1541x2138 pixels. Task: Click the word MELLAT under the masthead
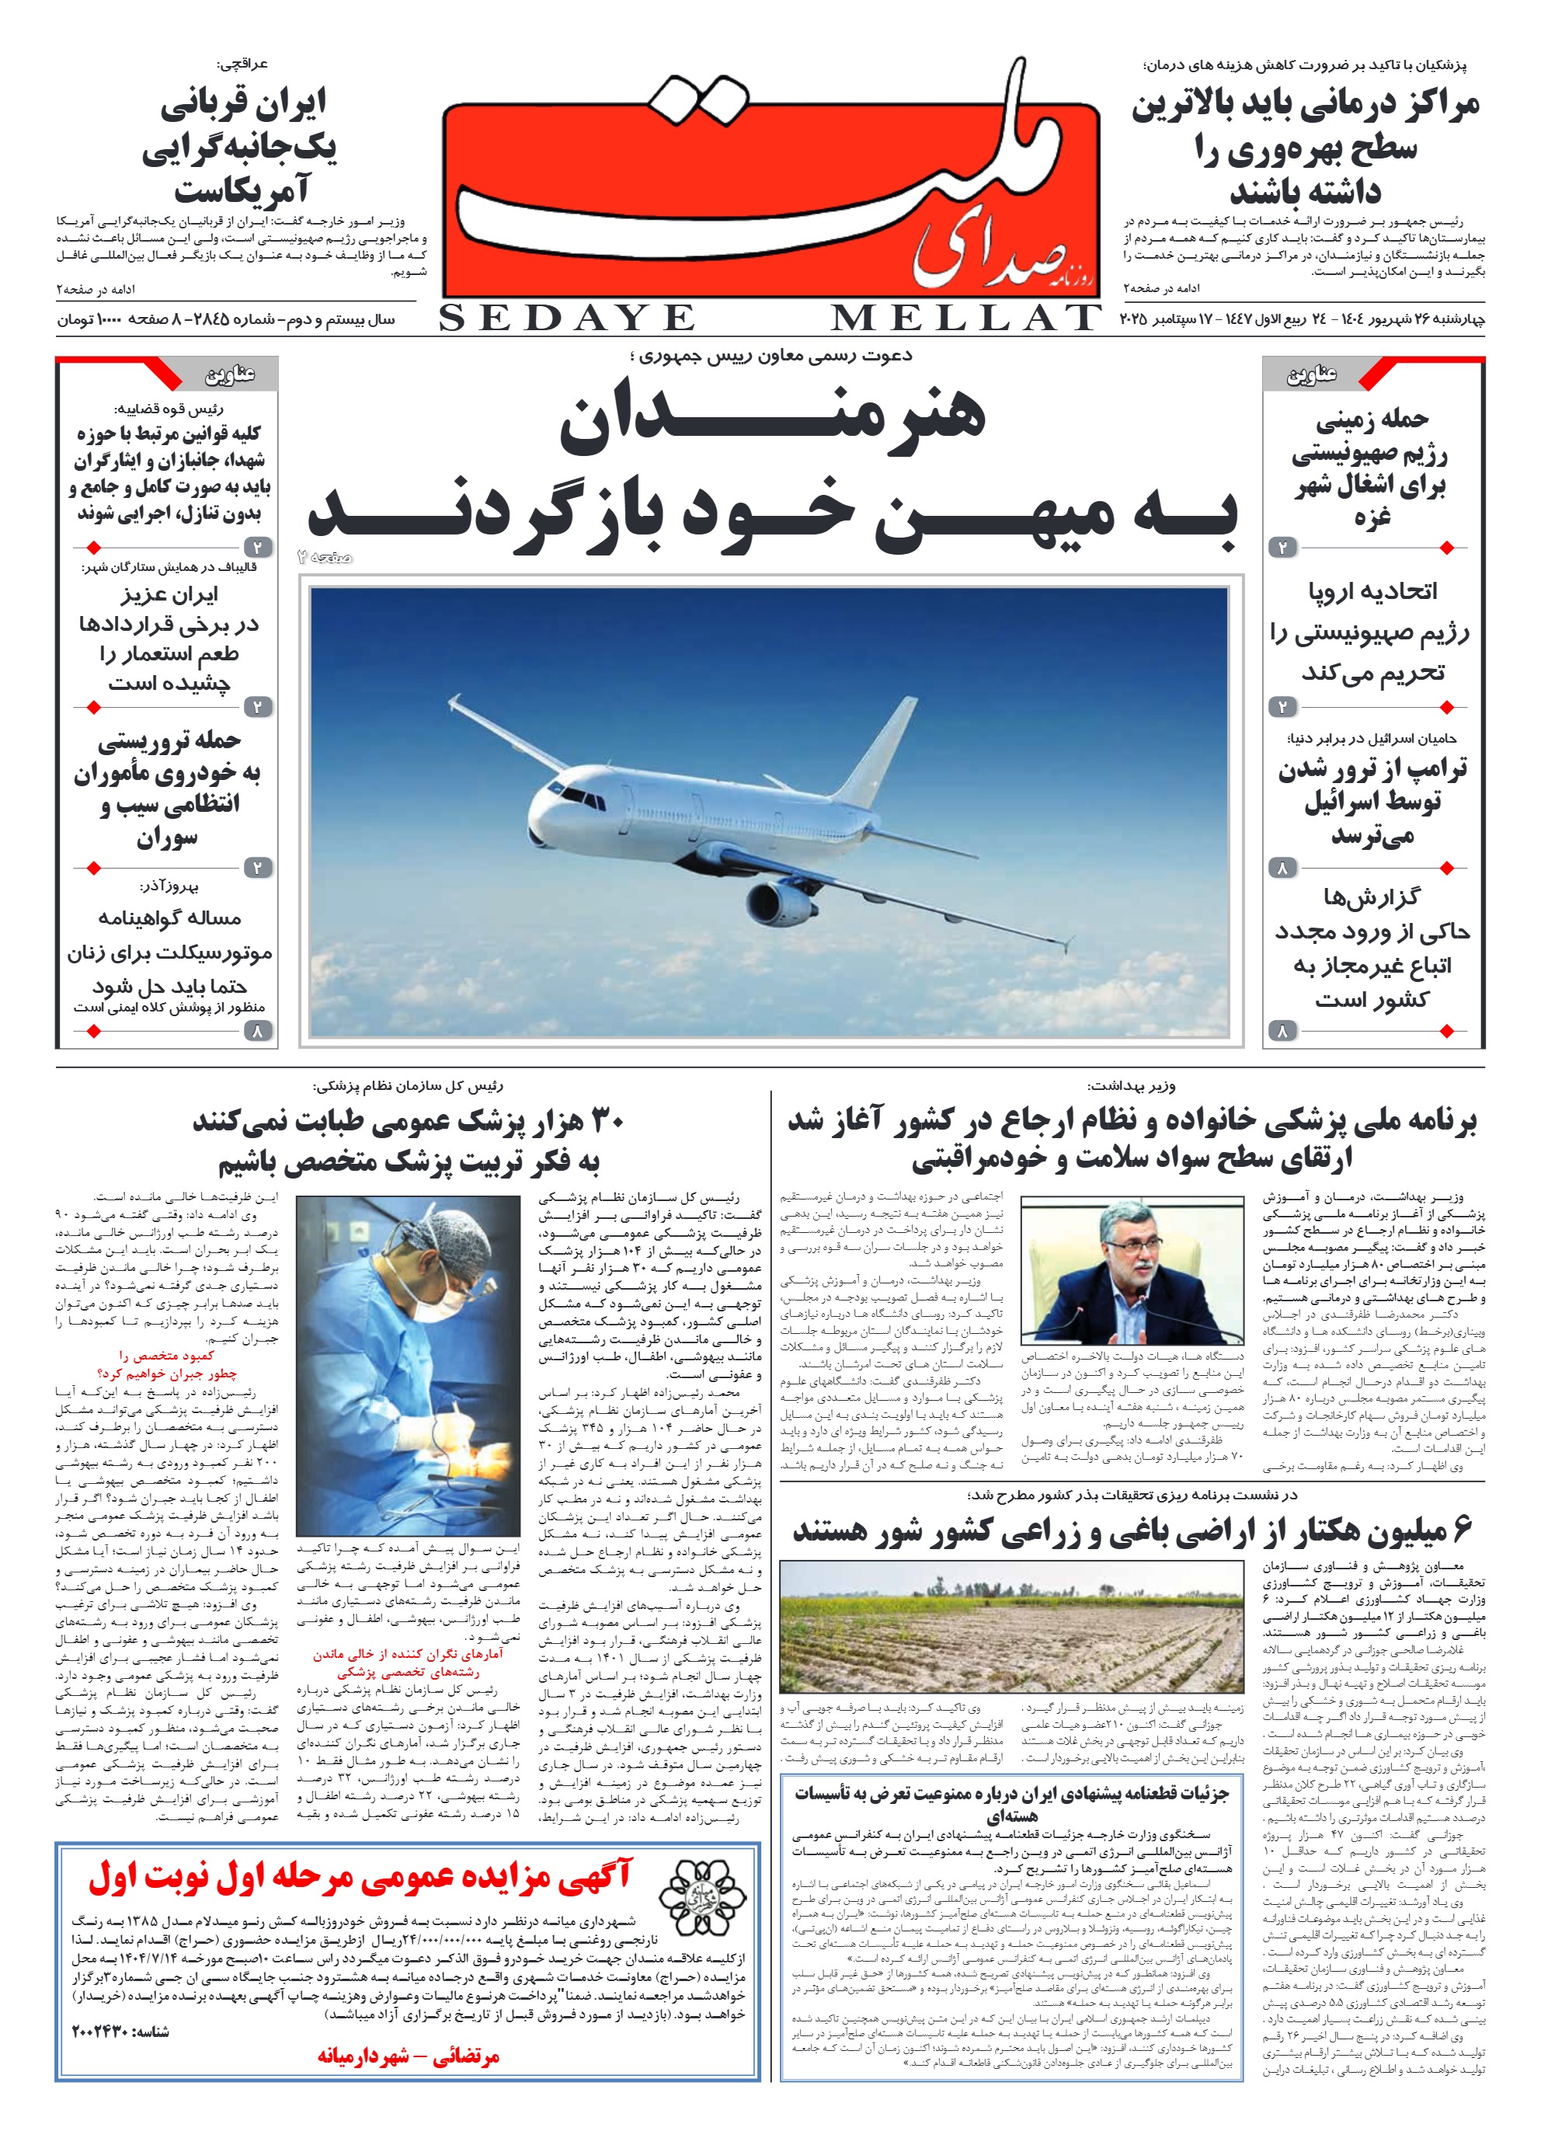[x=965, y=319]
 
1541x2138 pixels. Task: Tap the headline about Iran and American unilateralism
[x=240, y=146]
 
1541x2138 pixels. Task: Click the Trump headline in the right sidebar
[x=1372, y=800]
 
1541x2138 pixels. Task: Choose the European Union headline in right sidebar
[x=1372, y=632]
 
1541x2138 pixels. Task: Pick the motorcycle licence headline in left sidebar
[x=169, y=952]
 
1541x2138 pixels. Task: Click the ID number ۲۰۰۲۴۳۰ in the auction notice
[x=105, y=2032]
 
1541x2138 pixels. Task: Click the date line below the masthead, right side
[x=1302, y=319]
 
